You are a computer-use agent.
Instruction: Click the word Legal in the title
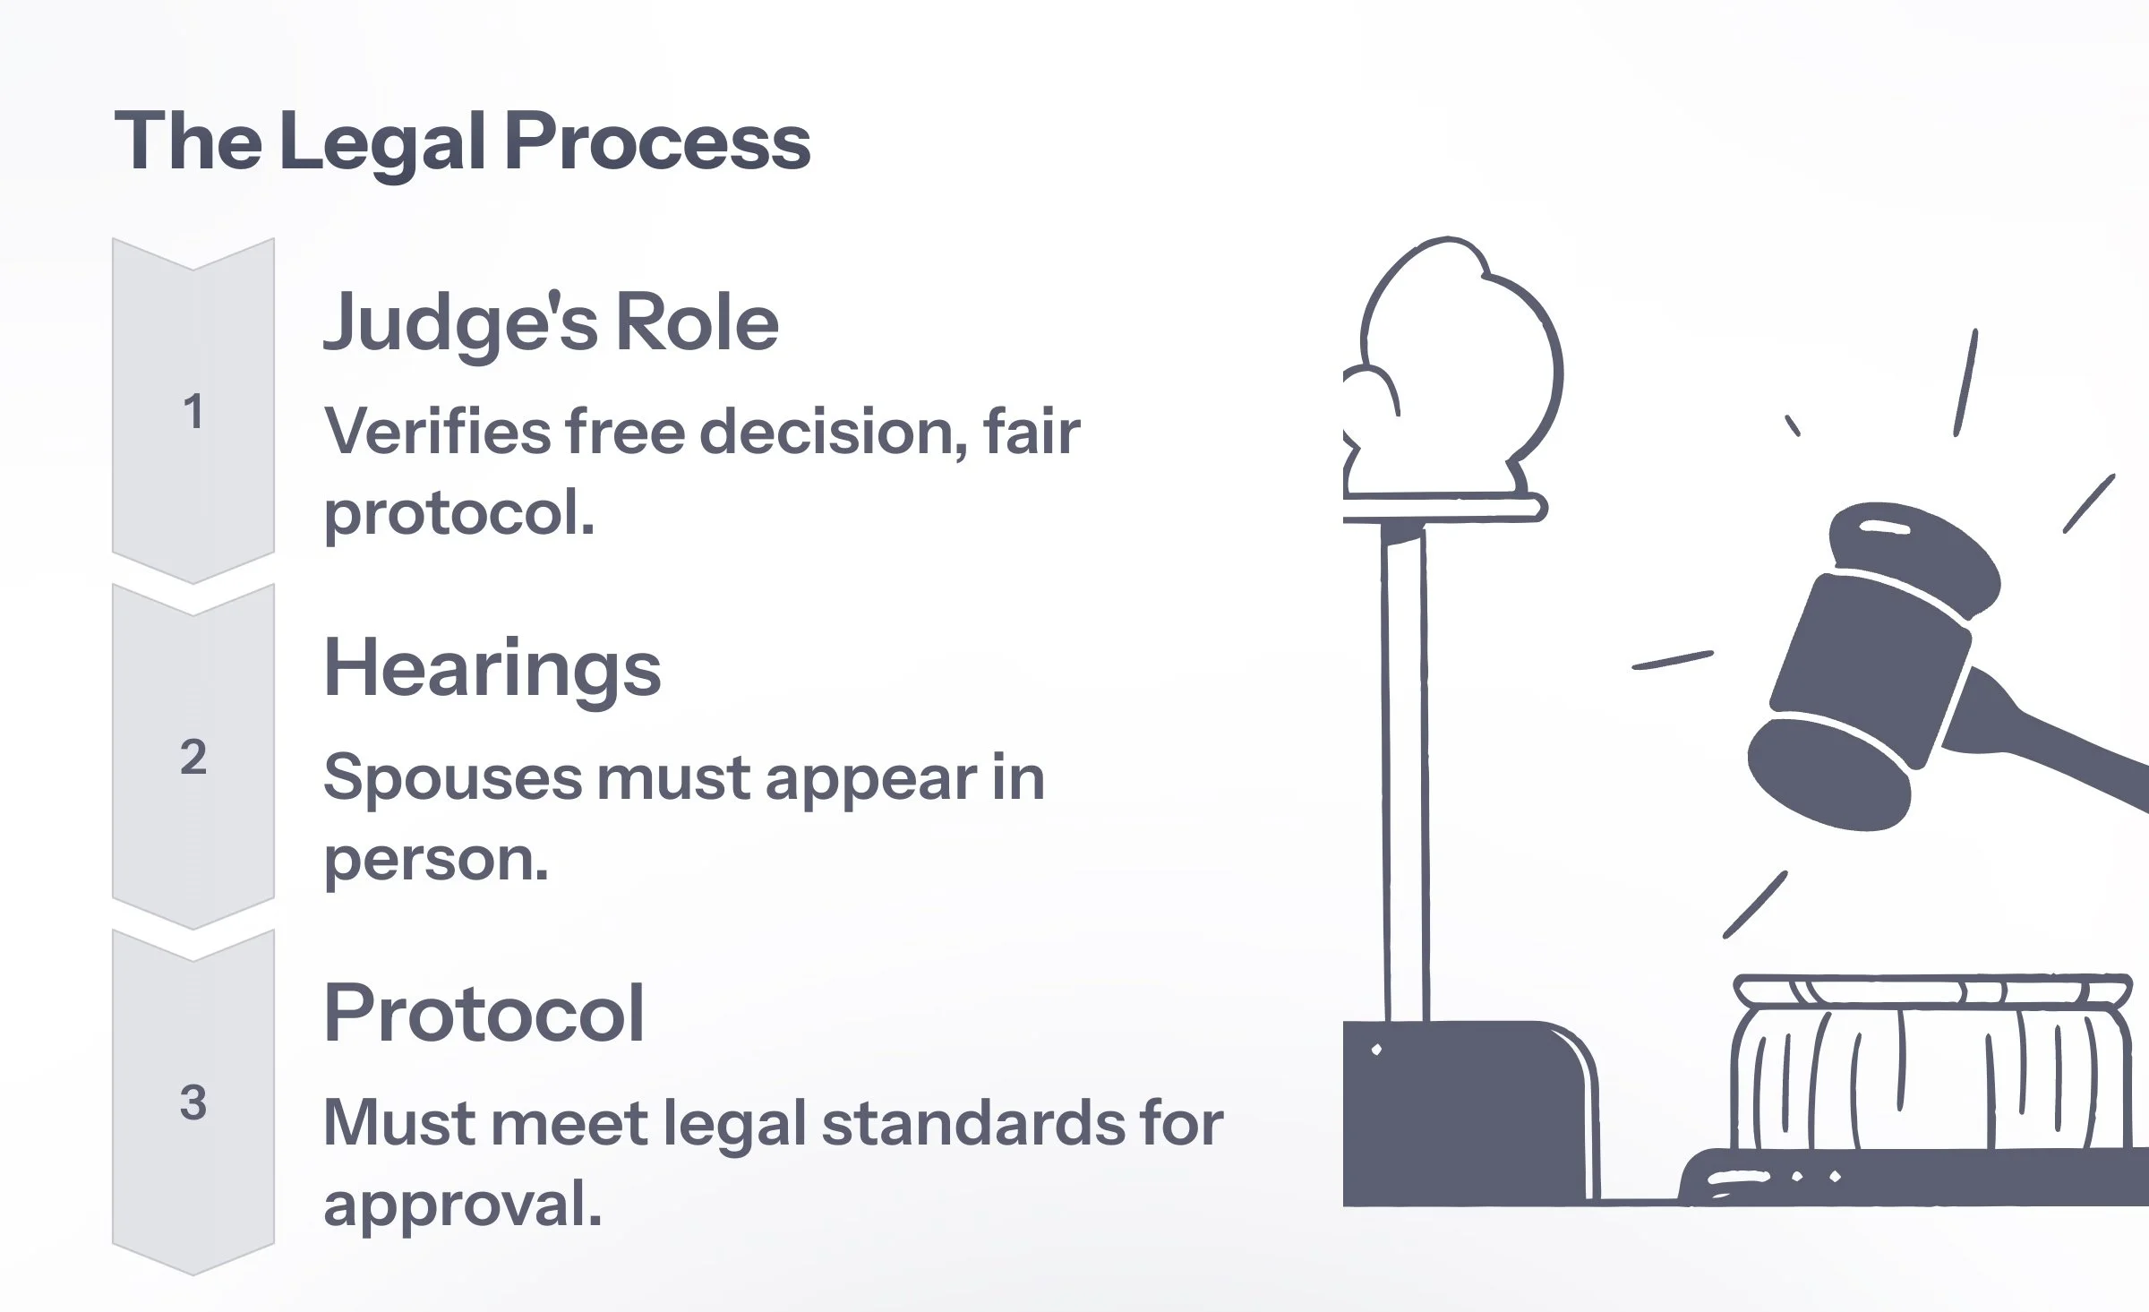(x=382, y=143)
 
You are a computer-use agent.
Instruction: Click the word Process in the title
(x=657, y=143)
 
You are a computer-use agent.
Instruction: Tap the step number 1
(x=193, y=412)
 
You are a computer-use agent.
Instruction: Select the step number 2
(x=193, y=758)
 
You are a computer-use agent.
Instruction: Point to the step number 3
(x=193, y=1102)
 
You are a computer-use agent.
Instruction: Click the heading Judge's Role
(x=550, y=324)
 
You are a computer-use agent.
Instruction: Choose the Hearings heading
(x=492, y=669)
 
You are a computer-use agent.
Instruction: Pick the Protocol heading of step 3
(x=484, y=1014)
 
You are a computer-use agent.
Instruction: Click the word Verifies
(x=436, y=433)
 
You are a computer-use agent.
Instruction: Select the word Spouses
(x=451, y=778)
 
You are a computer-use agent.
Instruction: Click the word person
(x=435, y=860)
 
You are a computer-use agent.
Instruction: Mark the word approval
(x=461, y=1205)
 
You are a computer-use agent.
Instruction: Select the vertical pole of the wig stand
(x=1404, y=770)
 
